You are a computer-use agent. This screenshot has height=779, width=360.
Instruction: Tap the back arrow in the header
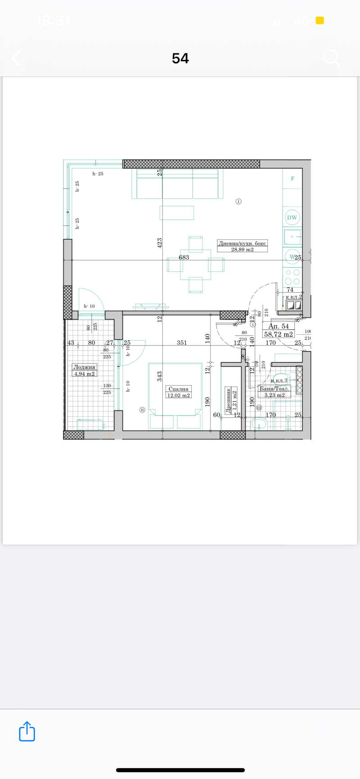[x=17, y=58]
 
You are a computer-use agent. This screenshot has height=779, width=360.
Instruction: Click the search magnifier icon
[x=332, y=58]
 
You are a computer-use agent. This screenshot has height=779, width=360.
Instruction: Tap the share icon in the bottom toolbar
[x=27, y=731]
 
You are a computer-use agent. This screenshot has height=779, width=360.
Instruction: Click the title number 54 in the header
[x=180, y=58]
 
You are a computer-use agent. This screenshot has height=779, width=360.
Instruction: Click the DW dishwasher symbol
[x=292, y=217]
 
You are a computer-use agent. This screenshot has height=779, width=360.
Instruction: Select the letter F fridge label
[x=292, y=179]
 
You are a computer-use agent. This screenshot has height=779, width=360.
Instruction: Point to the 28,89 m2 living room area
[x=242, y=249]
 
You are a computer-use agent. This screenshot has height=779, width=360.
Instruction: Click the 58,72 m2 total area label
[x=279, y=334]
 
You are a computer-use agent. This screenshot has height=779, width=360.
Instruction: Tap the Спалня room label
[x=179, y=389]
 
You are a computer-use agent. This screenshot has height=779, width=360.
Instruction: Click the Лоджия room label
[x=84, y=367]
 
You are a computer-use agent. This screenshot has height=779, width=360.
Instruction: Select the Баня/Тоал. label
[x=274, y=388]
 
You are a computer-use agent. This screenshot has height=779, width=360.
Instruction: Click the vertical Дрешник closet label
[x=229, y=401]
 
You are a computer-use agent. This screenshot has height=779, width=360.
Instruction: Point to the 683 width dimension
[x=184, y=257]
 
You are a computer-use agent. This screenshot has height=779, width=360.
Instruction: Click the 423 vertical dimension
[x=159, y=243]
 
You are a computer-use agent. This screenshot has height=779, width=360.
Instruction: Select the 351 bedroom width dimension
[x=182, y=342]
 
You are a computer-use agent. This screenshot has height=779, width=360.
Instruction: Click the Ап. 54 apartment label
[x=279, y=326]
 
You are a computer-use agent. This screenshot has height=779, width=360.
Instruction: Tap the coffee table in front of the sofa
[x=177, y=213]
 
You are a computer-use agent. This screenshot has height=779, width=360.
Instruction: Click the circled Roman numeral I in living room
[x=238, y=202]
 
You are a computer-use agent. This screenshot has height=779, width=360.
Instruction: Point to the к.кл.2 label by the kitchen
[x=293, y=297]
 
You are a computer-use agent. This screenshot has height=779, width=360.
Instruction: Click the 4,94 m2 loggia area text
[x=84, y=374]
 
